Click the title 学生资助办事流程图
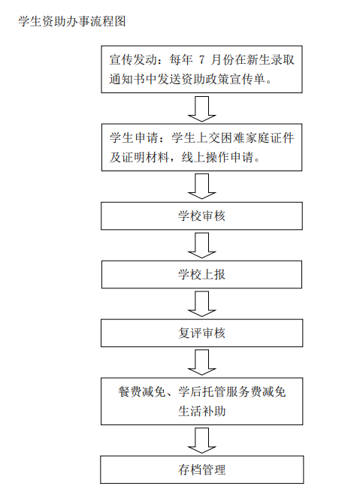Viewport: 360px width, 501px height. pyautogui.click(x=72, y=22)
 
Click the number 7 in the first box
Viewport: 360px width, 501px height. pyautogui.click(x=201, y=60)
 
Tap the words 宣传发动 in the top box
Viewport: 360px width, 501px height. pyautogui.click(x=133, y=60)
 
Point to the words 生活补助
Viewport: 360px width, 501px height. pyautogui.click(x=201, y=411)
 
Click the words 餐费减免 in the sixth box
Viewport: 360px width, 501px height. pyautogui.click(x=142, y=392)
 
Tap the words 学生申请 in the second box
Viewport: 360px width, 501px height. pyautogui.click(x=134, y=137)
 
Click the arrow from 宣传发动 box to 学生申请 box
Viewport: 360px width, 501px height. pyautogui.click(x=201, y=109)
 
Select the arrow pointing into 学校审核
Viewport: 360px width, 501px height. pyautogui.click(x=201, y=186)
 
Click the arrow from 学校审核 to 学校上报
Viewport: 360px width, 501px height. pyautogui.click(x=201, y=246)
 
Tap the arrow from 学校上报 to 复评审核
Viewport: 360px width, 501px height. pyautogui.click(x=201, y=304)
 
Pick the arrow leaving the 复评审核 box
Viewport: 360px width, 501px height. pyautogui.click(x=201, y=362)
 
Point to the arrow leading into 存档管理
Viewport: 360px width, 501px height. pyautogui.click(x=201, y=441)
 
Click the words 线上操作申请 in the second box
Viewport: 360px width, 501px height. pyautogui.click(x=217, y=157)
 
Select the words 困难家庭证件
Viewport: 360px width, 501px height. pyautogui.click(x=257, y=137)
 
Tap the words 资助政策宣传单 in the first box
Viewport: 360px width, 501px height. pyautogui.click(x=223, y=79)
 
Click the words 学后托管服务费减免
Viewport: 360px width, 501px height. pyautogui.click(x=231, y=392)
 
